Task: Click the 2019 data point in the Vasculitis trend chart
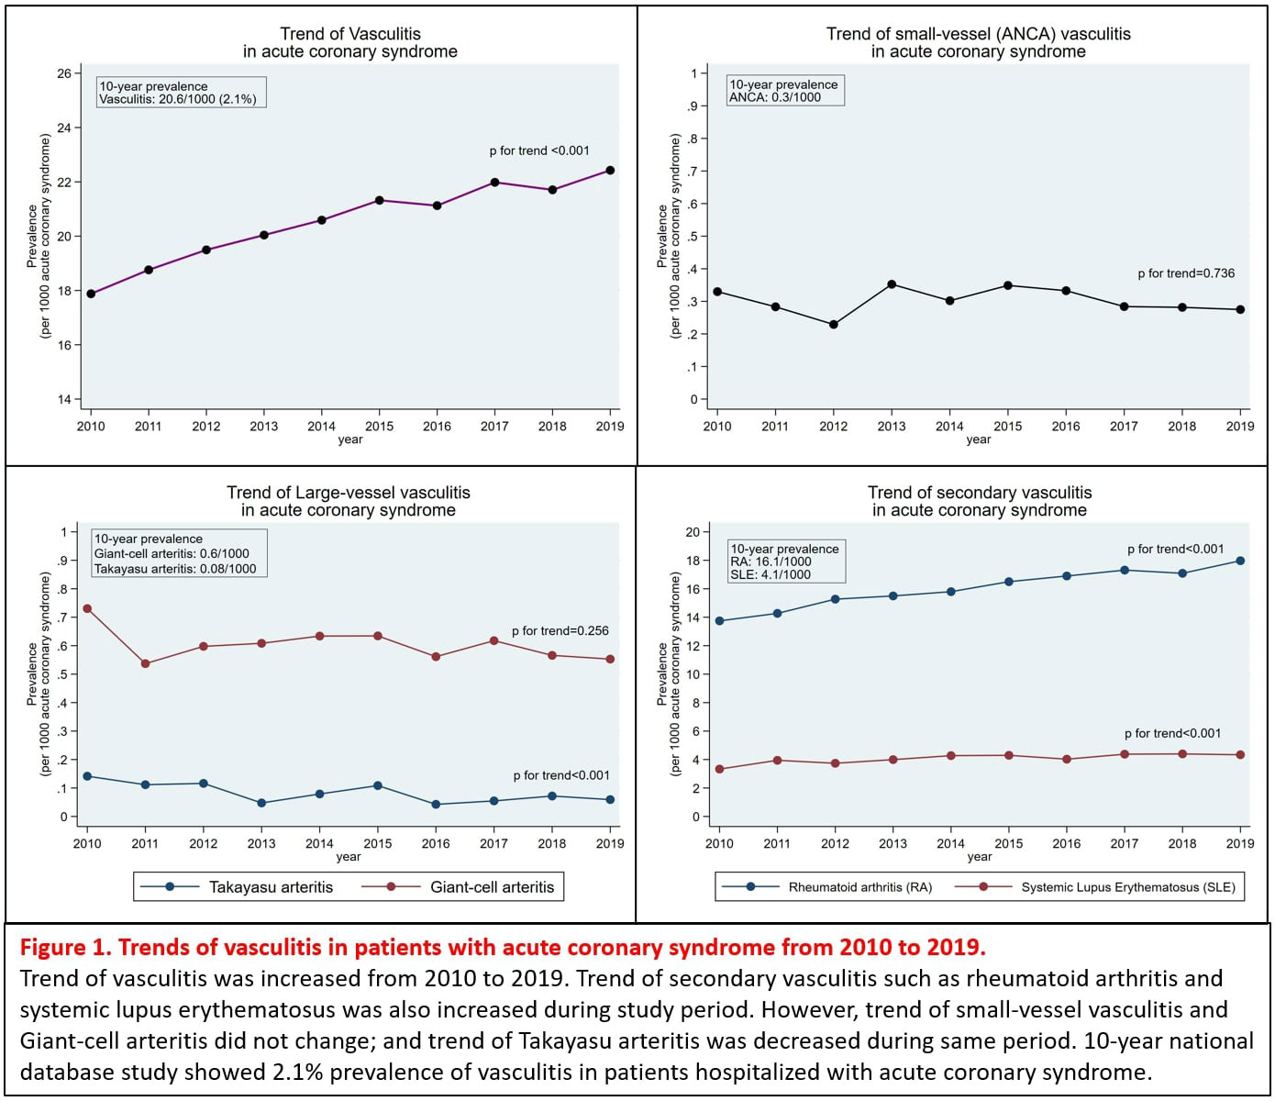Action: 610,171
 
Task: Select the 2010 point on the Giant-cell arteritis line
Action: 87,608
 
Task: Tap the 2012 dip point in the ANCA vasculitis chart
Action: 833,325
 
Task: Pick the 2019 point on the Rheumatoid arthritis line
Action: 1240,561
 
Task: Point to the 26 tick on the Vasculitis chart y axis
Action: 63,73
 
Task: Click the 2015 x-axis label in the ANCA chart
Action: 1007,426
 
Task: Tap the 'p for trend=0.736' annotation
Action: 1186,273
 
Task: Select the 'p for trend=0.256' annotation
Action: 560,631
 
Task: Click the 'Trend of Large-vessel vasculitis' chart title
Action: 349,493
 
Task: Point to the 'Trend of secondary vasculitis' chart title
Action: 980,493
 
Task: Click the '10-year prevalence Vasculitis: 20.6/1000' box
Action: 179,93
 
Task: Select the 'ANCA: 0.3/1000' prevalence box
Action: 784,91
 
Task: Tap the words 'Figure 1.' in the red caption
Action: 66,947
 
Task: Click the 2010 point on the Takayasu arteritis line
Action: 87,776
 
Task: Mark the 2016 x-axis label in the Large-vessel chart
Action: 436,843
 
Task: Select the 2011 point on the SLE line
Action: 777,761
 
